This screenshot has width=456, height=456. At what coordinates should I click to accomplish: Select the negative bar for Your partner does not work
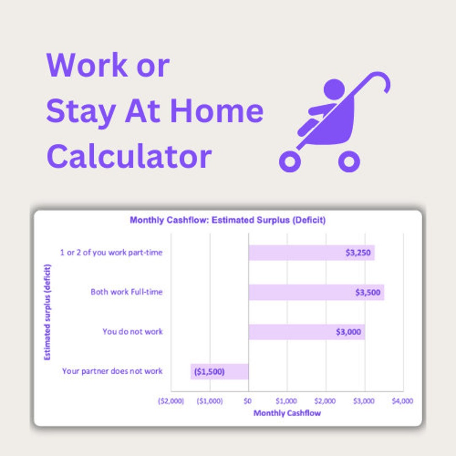[219, 372]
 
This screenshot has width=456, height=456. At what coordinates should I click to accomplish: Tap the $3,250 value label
[358, 253]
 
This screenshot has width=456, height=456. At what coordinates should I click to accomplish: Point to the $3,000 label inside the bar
[348, 332]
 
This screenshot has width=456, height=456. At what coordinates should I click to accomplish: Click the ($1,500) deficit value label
[209, 372]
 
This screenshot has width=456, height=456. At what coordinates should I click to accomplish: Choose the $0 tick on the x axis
[248, 401]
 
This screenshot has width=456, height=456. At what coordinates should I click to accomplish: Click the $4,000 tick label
[402, 401]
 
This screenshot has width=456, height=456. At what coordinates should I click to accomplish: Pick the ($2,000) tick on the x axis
[171, 401]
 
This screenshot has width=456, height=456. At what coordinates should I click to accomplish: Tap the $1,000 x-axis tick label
[286, 401]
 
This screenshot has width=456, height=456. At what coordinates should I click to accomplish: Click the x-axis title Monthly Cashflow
[287, 413]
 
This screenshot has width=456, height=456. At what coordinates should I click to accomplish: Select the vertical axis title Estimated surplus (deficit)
[48, 312]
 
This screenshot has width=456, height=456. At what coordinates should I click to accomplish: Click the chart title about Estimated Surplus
[228, 220]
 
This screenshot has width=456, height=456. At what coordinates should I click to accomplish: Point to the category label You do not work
[132, 331]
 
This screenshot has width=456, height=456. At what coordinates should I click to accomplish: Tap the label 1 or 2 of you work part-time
[111, 252]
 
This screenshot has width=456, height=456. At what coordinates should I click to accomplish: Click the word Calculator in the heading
[129, 156]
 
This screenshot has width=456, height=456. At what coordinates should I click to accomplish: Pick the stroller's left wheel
[290, 162]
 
